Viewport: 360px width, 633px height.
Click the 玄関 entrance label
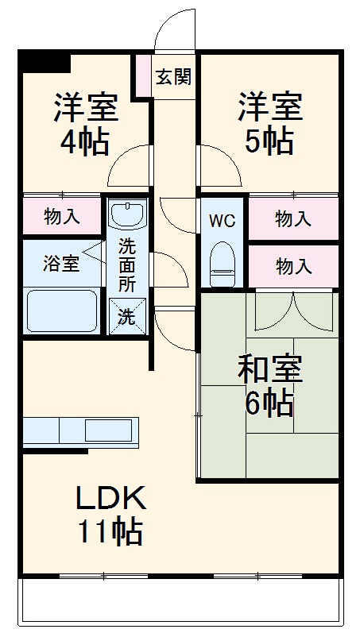pos(172,77)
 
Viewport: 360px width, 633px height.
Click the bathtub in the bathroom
pos(62,310)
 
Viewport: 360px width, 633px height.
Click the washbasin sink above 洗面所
pos(127,214)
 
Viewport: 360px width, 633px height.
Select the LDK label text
pos(110,499)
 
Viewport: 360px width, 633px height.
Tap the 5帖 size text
pos(267,141)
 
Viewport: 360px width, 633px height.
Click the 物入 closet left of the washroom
pos(61,216)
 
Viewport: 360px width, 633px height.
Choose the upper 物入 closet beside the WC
pos(293,219)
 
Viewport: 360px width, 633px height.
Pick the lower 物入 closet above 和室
pos(293,266)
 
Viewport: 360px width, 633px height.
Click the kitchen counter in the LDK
pos(80,431)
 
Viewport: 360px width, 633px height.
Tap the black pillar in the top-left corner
pos(45,61)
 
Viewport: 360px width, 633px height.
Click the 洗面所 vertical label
pos(127,264)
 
